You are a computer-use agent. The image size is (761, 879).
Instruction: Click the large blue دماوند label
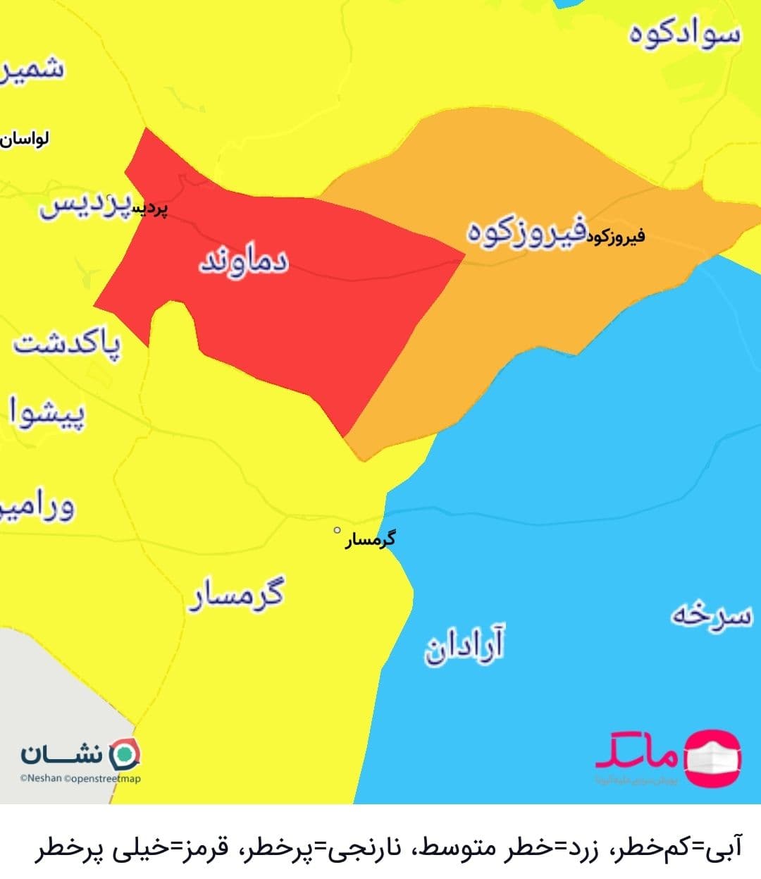pyautogui.click(x=244, y=262)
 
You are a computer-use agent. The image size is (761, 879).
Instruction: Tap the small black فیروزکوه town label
pyautogui.click(x=614, y=236)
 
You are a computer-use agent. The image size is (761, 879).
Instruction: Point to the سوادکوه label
pyautogui.click(x=685, y=35)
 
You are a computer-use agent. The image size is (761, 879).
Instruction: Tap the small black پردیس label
pyautogui.click(x=151, y=209)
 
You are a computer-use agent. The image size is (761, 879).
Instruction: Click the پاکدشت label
pyautogui.click(x=68, y=345)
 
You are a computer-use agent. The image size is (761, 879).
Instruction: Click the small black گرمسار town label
pyautogui.click(x=370, y=541)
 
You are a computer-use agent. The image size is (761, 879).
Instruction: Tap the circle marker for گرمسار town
pyautogui.click(x=337, y=530)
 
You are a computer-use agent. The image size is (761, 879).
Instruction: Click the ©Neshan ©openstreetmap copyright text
pyautogui.click(x=80, y=779)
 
